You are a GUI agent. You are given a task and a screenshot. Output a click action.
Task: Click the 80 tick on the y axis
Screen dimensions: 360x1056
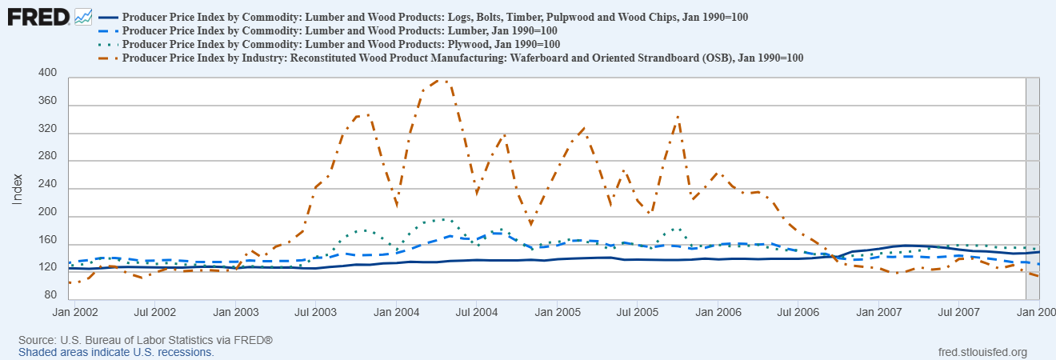[51, 295]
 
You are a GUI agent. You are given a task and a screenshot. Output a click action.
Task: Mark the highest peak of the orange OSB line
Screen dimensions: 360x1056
[438, 80]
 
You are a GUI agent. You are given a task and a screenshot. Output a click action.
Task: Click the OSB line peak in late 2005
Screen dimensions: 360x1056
[678, 117]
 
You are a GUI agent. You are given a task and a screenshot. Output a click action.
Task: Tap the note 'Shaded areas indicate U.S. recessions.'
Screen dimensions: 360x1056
[116, 352]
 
